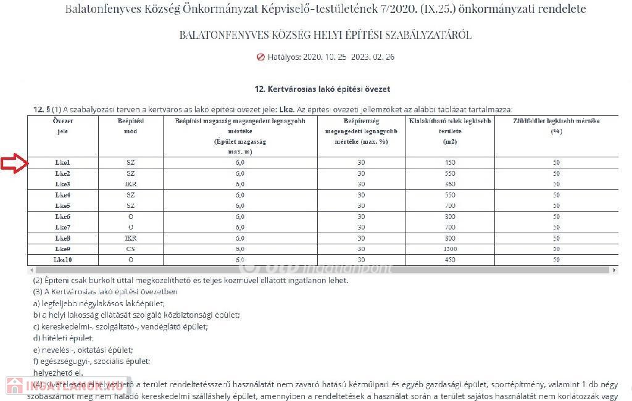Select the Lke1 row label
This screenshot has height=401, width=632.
[x=62, y=162]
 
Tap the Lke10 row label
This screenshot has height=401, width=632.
[x=62, y=260]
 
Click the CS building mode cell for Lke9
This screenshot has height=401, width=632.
[x=130, y=249]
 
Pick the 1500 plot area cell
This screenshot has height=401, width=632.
[x=449, y=249]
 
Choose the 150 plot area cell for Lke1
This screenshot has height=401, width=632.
[x=449, y=162]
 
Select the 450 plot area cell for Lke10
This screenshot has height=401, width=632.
[x=449, y=260]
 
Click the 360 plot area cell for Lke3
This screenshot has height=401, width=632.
[x=449, y=184]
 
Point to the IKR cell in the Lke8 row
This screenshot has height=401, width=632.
[x=130, y=238]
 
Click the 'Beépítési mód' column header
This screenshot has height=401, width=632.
[x=130, y=126]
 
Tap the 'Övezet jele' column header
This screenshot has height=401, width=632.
[x=62, y=126]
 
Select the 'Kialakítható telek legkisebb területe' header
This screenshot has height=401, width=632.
[x=449, y=131]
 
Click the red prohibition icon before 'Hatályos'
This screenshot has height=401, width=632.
[x=260, y=57]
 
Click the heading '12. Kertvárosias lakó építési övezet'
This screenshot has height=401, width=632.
[x=322, y=89]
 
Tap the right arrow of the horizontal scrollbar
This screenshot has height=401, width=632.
[x=614, y=270]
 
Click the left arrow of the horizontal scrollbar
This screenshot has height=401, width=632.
[x=31, y=270]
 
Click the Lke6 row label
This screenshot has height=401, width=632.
[x=62, y=217]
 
